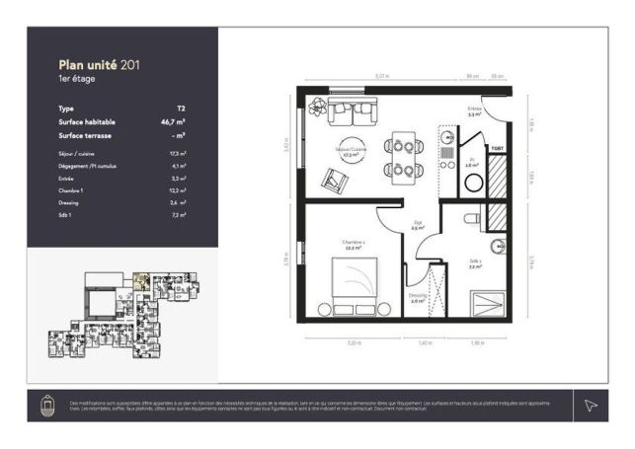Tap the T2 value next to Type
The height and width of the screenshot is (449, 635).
181,109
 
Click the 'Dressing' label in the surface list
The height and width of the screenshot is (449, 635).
69,201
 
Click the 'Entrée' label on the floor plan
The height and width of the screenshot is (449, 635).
474,109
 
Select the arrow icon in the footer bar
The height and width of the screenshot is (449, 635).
591,405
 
